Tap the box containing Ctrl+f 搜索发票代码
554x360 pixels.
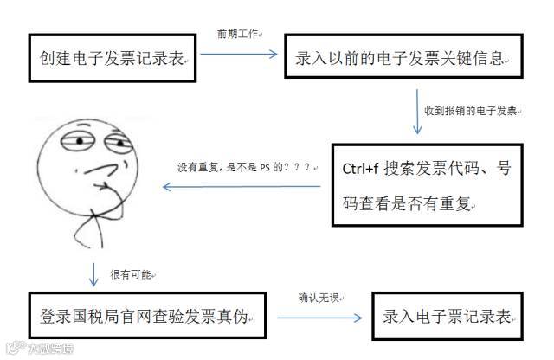(424, 184)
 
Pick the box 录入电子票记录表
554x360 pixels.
(448, 318)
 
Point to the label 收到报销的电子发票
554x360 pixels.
(470, 111)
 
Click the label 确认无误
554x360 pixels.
(319, 296)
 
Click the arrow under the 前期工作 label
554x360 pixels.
(242, 55)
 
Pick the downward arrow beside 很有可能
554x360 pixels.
(93, 273)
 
